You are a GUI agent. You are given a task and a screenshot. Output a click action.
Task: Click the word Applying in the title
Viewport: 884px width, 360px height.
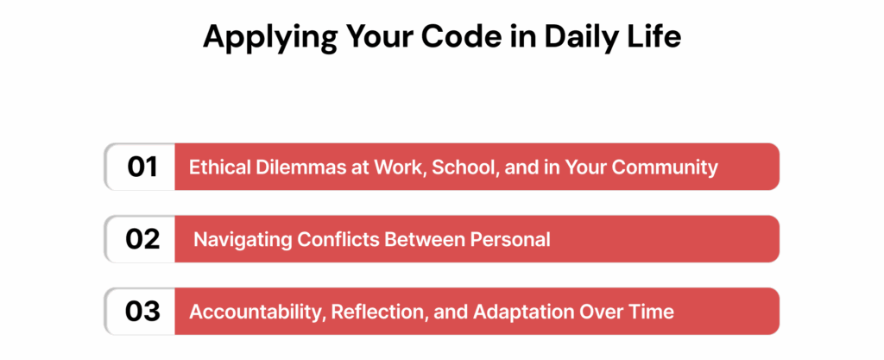click(x=258, y=40)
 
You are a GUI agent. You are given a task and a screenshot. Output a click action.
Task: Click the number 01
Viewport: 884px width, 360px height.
click(x=142, y=167)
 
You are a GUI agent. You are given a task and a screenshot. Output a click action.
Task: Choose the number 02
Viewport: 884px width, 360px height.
click(x=142, y=239)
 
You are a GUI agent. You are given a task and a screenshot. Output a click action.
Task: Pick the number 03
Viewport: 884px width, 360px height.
click(x=142, y=312)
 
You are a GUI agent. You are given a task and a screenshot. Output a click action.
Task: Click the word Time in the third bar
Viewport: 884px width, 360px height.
click(x=654, y=312)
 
